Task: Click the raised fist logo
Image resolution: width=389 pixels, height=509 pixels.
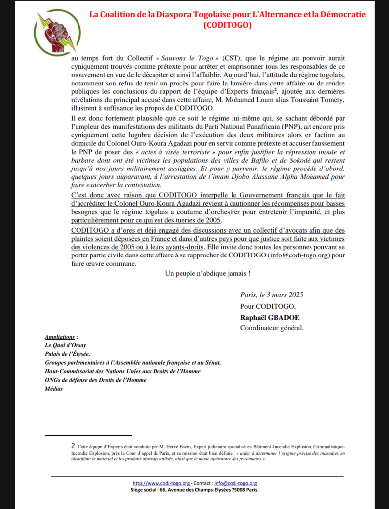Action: [x=54, y=32]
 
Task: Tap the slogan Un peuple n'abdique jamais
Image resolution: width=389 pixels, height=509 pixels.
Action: [x=208, y=273]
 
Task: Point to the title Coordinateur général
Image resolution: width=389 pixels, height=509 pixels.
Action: [x=271, y=328]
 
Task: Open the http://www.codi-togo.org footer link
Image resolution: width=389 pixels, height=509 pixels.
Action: [x=161, y=483]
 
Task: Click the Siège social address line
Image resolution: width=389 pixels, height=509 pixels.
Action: [x=194, y=489]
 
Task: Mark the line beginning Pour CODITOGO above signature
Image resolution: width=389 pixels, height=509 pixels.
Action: [x=268, y=306]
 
